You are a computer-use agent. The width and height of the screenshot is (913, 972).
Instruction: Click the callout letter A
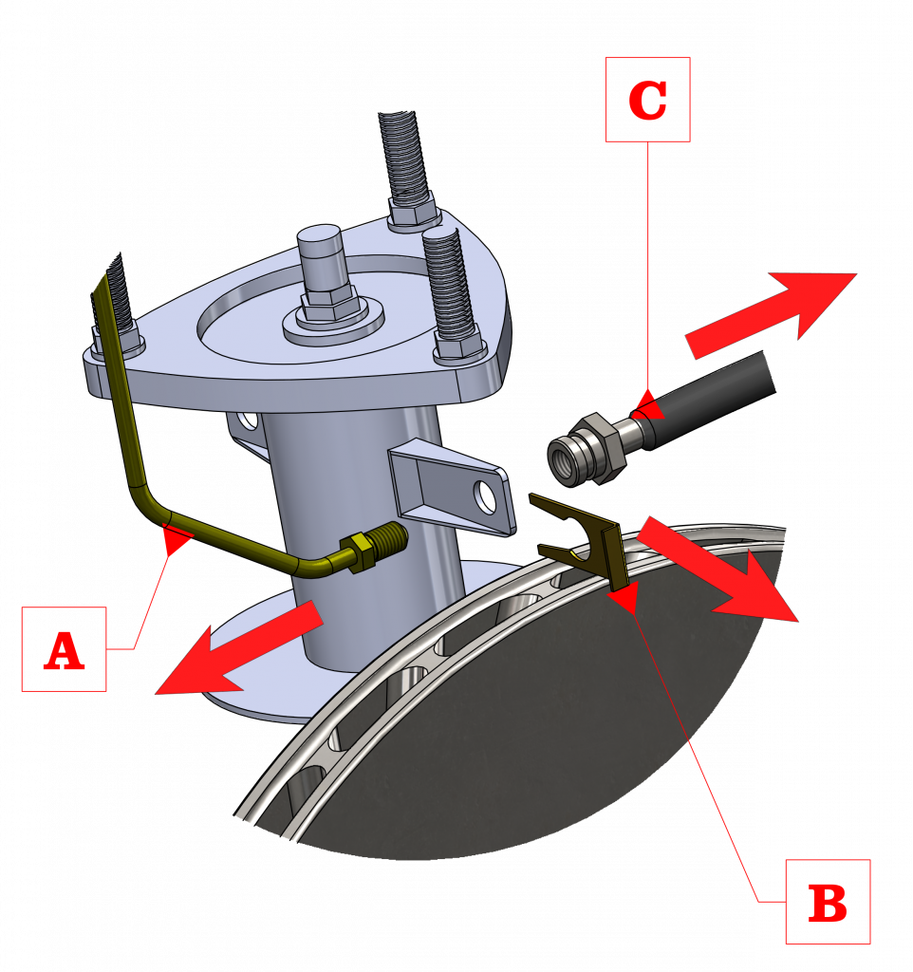click(x=64, y=650)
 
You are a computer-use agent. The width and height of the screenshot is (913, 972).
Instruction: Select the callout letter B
click(x=828, y=903)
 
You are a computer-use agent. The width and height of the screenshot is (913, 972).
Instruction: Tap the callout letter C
click(x=647, y=100)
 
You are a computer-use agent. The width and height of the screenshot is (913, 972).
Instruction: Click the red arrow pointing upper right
click(x=772, y=315)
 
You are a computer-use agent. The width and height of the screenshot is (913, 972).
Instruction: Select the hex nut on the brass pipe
click(x=358, y=551)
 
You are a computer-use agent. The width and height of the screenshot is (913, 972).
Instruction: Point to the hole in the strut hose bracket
click(x=486, y=495)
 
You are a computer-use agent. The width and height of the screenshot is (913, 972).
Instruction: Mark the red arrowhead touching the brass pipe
click(x=176, y=539)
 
